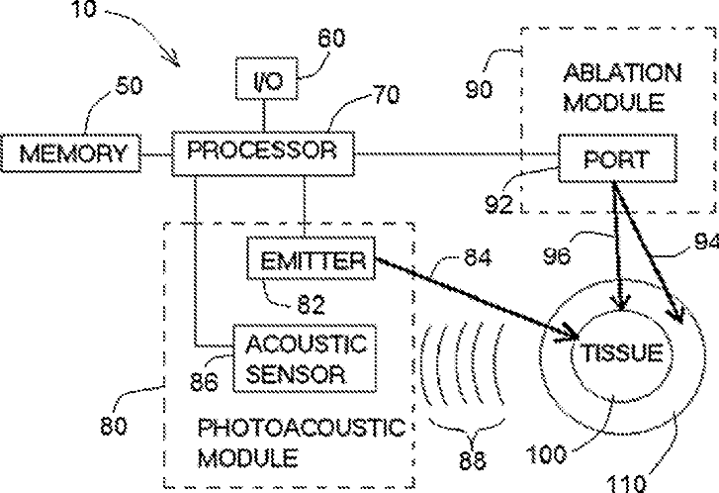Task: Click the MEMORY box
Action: click(70, 153)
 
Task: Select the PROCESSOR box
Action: click(263, 153)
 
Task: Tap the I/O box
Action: click(267, 78)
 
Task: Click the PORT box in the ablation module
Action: click(618, 158)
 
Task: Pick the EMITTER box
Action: click(312, 258)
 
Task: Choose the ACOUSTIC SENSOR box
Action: click(305, 358)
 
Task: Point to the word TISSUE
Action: click(622, 352)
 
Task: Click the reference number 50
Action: click(129, 85)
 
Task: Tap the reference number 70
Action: click(387, 95)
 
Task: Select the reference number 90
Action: click(480, 89)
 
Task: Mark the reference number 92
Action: click(498, 204)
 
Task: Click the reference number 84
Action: click(478, 257)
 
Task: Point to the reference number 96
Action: click(557, 255)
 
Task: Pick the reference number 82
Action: click(312, 304)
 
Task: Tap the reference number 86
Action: click(204, 381)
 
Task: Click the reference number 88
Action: click(473, 459)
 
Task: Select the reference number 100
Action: click(546, 454)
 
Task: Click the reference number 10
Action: click(84, 8)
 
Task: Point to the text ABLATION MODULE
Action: click(622, 87)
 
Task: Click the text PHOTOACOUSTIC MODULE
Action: click(302, 443)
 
